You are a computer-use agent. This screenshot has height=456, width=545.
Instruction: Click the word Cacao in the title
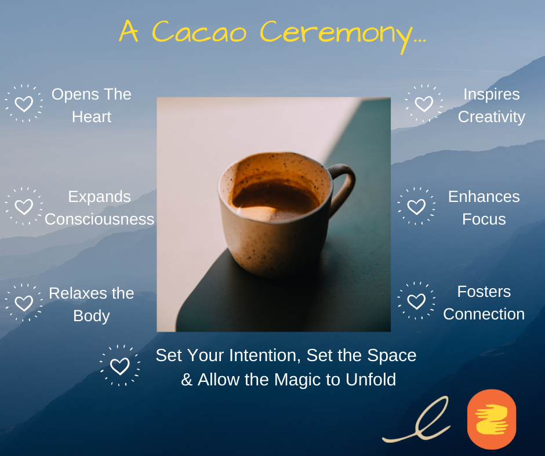coord(199,32)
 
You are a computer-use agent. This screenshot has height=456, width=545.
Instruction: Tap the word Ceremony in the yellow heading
coord(343,35)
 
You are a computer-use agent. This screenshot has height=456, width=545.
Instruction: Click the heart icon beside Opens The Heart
coord(24,104)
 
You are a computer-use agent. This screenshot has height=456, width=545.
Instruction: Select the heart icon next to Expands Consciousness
coord(24,207)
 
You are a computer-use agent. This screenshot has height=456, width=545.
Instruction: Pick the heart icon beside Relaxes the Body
coord(24,303)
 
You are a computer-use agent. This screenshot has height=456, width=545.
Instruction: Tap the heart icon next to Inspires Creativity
coord(424,104)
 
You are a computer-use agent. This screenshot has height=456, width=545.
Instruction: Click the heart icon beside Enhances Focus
coord(416,207)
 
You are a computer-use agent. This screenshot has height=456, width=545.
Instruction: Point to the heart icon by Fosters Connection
coord(416,301)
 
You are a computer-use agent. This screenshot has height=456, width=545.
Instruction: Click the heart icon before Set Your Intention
coord(119,366)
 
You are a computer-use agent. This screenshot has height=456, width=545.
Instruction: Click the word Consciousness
coord(99,219)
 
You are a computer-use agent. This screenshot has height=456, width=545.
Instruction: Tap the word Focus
coord(484,219)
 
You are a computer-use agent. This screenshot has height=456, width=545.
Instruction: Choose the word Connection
coord(484,314)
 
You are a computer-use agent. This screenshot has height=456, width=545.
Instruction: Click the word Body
coord(92,316)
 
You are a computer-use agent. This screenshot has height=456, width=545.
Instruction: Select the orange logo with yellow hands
coord(492,419)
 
